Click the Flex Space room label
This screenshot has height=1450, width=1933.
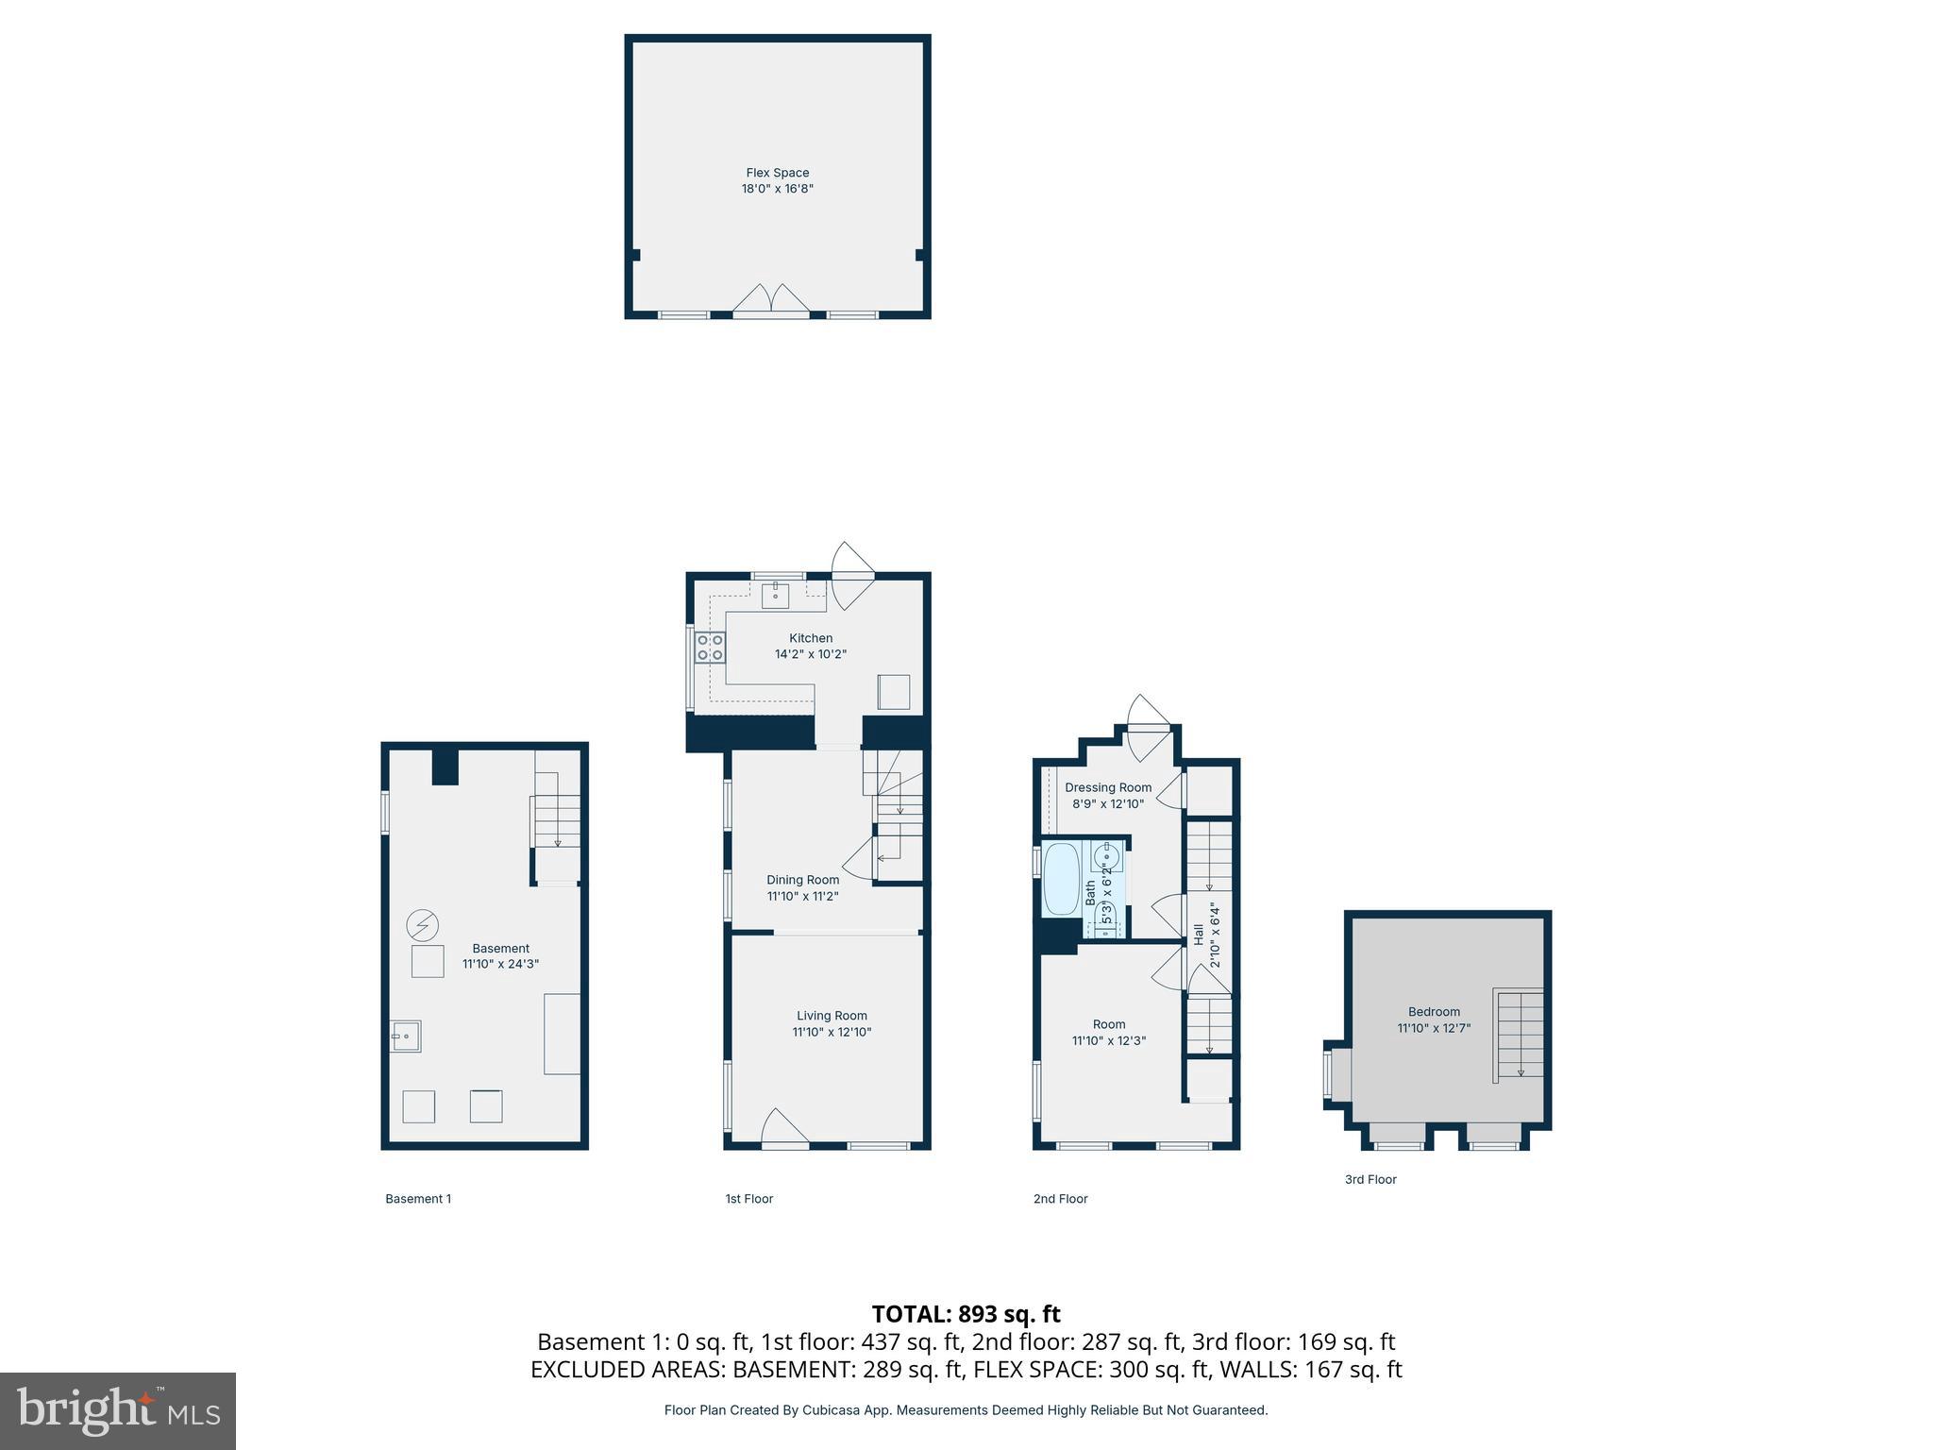[x=777, y=173]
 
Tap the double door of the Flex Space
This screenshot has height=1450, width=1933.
[x=771, y=299]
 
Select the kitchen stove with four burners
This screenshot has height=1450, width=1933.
[x=710, y=648]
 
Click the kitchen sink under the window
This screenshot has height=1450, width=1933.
[x=775, y=597]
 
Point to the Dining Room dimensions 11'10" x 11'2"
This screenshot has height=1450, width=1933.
[x=802, y=896]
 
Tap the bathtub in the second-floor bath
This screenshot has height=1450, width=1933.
[x=1061, y=879]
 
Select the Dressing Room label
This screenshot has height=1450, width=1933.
[x=1108, y=787]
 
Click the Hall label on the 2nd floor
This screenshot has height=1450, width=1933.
[x=1199, y=935]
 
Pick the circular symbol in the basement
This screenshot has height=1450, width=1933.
[x=423, y=925]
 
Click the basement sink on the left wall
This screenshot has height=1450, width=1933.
[x=406, y=1037]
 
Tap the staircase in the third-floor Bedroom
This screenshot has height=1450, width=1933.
[x=1518, y=1034]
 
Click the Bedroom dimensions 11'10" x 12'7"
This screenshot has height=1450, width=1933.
[x=1434, y=1028]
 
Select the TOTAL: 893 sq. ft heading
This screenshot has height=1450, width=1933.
[x=966, y=1314]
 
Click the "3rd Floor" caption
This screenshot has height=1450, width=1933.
[x=1370, y=1179]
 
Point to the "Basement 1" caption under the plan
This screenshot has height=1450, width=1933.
[x=418, y=1199]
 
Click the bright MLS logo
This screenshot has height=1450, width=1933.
[x=118, y=1410]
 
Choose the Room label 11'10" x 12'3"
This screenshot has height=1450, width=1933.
[x=1108, y=1033]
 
